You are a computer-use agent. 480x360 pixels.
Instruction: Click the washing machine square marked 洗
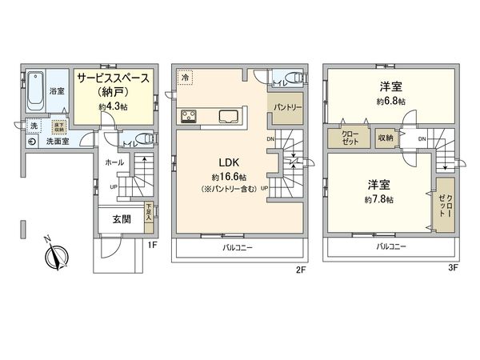tap(34, 126)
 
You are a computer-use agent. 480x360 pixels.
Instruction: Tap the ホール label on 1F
tap(114, 162)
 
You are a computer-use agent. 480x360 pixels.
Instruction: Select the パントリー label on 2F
tap(287, 106)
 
